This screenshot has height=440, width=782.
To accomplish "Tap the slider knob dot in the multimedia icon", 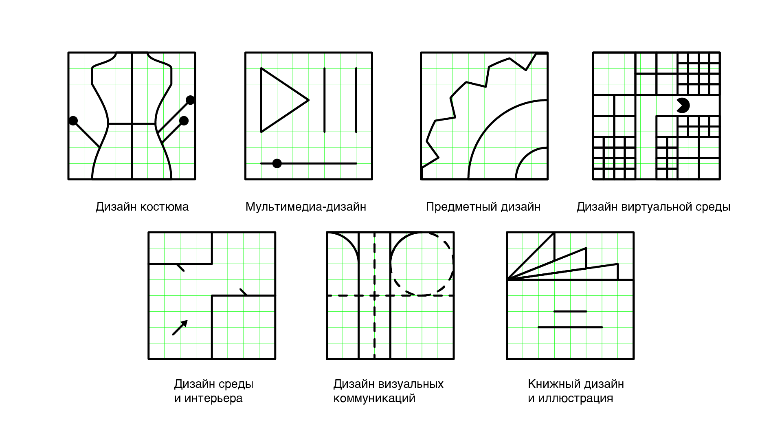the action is click(x=277, y=163).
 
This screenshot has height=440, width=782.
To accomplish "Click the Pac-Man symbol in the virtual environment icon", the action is click(x=683, y=105).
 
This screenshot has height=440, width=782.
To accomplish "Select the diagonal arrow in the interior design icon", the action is click(x=180, y=328).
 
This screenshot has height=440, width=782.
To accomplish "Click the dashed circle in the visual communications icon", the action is click(x=422, y=264).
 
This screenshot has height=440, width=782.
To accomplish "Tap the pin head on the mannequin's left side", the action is click(x=73, y=121).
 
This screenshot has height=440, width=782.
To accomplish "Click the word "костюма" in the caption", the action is click(x=165, y=207).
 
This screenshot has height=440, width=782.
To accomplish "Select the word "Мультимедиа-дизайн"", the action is click(x=306, y=207).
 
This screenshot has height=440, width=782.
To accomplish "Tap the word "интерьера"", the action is click(x=213, y=398).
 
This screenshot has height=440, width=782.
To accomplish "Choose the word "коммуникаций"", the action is click(x=374, y=398).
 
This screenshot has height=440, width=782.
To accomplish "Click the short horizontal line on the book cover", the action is click(x=570, y=312).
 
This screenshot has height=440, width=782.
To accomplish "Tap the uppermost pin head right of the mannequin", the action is click(x=190, y=100).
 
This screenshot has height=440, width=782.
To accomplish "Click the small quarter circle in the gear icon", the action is click(x=532, y=163).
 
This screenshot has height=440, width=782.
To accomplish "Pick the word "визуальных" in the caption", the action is click(x=411, y=384).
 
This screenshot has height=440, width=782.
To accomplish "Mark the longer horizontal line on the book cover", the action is click(x=570, y=327).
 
